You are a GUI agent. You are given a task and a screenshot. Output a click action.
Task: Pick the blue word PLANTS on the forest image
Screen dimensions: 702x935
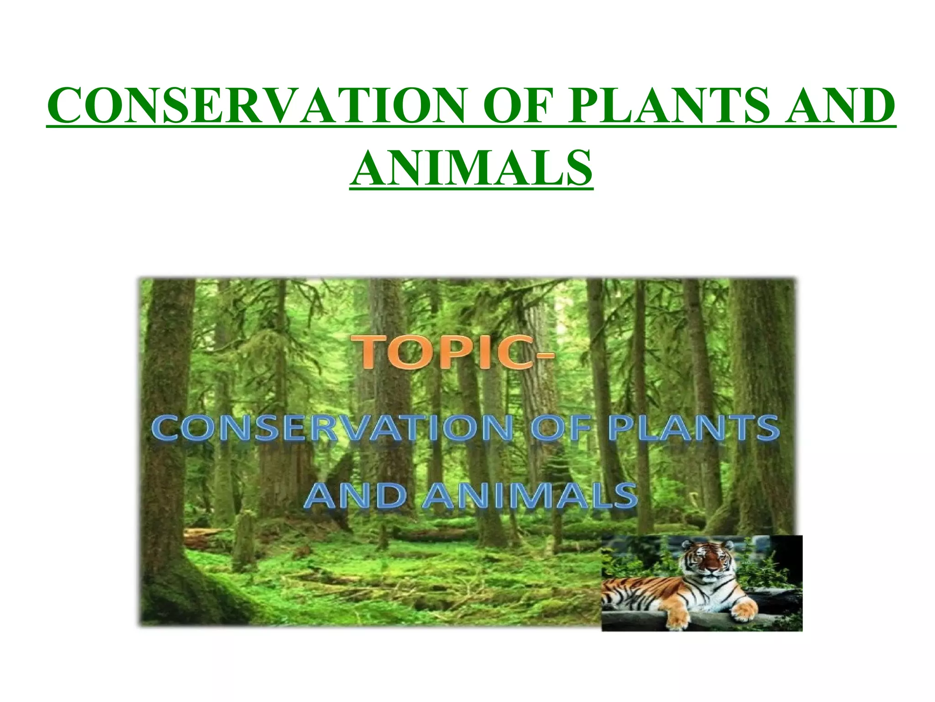point(694,428)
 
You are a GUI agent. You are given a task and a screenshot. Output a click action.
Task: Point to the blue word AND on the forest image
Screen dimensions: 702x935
point(355,495)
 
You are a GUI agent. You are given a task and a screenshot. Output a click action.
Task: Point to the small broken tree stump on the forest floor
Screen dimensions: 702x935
point(245,539)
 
